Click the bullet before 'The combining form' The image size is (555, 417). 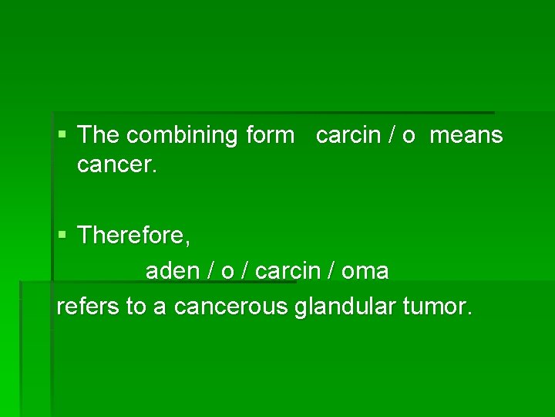click(62, 136)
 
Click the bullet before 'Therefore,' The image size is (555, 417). click(62, 236)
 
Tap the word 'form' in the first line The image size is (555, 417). click(270, 136)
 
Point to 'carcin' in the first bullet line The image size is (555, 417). click(349, 136)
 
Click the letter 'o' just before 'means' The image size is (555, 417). click(408, 136)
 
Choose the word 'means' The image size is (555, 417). click(466, 136)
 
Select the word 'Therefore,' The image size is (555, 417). click(134, 236)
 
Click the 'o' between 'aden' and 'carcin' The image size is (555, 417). click(227, 271)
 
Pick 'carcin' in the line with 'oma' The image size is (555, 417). click(287, 271)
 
